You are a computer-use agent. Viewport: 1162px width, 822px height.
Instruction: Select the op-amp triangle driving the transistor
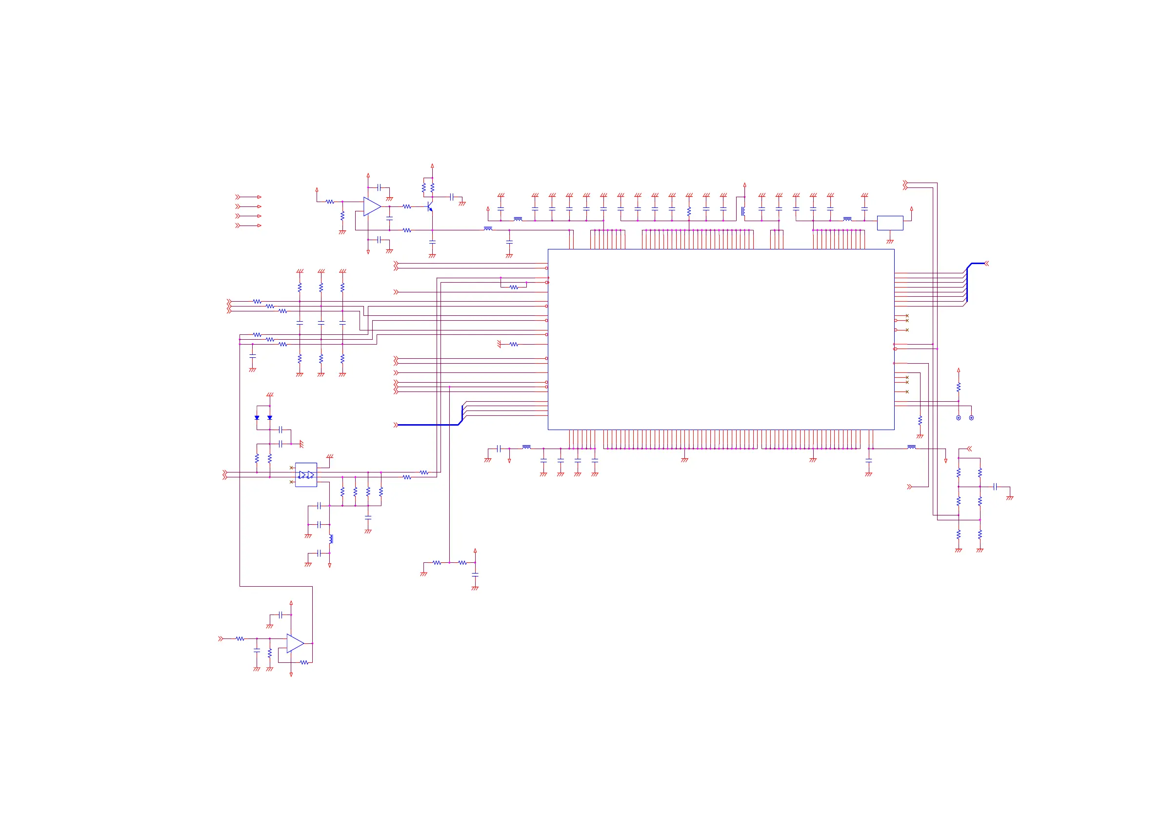point(371,206)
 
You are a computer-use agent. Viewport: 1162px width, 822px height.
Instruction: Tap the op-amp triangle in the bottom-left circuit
point(295,643)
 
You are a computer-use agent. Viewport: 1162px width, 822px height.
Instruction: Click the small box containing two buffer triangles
point(306,474)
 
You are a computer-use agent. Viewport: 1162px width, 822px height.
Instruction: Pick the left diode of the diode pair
point(257,418)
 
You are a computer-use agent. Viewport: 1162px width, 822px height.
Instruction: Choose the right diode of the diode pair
point(270,418)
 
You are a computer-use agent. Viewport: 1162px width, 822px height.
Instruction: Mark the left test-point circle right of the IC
point(958,418)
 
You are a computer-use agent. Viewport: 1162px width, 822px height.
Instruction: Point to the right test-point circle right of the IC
point(971,418)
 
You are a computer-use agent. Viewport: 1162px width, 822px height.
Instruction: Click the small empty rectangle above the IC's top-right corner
point(890,223)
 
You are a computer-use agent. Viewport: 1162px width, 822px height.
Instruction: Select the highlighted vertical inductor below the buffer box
point(331,539)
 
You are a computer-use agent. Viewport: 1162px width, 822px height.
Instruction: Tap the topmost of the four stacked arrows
point(248,197)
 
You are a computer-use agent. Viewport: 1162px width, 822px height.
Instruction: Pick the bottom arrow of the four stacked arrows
point(248,226)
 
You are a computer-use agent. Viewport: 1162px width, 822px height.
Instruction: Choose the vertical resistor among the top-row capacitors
point(689,211)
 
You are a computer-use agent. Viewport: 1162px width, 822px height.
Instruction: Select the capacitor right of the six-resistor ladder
point(995,487)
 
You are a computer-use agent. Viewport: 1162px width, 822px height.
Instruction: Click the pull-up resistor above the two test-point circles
point(958,388)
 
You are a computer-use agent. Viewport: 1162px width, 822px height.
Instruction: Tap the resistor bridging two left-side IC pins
point(514,287)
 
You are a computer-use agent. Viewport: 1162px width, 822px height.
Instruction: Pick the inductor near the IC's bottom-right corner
point(911,447)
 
